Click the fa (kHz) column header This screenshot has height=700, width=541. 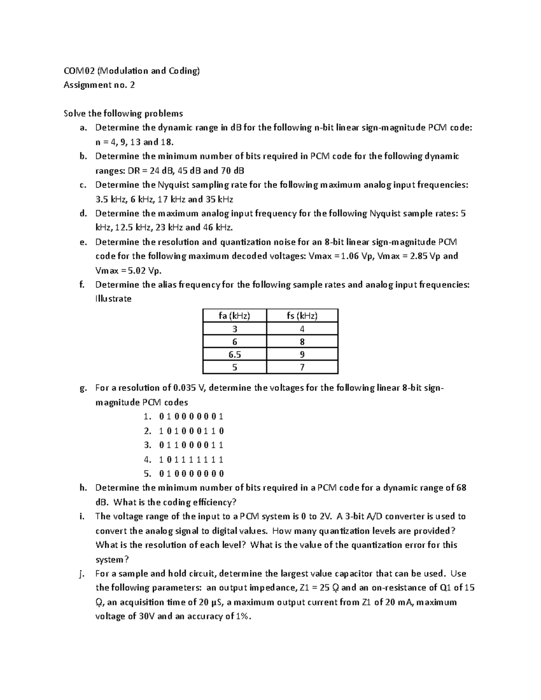(x=234, y=316)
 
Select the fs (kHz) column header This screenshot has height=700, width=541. (x=302, y=316)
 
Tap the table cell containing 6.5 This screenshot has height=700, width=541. (x=234, y=354)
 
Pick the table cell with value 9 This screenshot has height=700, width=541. (x=302, y=354)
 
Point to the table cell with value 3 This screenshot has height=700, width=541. (x=234, y=329)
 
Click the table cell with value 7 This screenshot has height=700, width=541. (x=302, y=367)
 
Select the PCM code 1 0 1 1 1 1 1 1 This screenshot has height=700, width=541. (x=191, y=460)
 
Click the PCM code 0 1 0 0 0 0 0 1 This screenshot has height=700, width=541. (x=191, y=416)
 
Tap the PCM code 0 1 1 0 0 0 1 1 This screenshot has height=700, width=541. (x=191, y=445)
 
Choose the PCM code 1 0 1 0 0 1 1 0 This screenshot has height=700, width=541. (x=191, y=431)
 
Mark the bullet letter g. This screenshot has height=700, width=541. (x=82, y=388)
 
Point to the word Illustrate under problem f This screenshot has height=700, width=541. (x=113, y=299)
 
